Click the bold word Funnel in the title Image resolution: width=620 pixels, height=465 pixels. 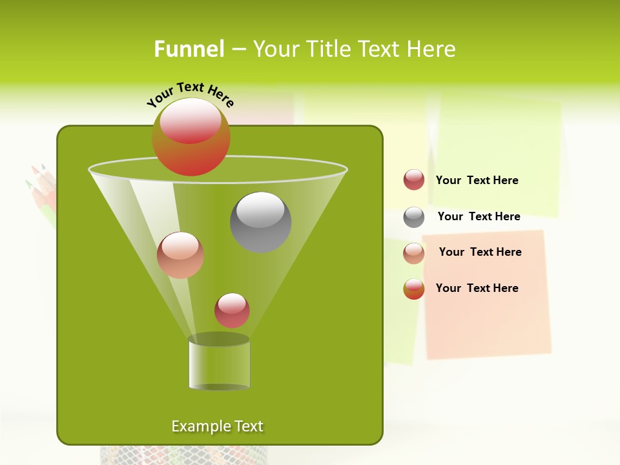point(189,49)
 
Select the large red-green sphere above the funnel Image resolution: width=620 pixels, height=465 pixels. point(191,136)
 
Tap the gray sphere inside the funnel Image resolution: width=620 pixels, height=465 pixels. point(260,222)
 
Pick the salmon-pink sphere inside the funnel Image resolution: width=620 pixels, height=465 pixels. point(180,255)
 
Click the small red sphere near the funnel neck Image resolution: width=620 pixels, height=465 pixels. point(232,310)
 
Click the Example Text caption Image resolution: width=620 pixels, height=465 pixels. point(218,426)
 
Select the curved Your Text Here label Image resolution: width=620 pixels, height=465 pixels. point(190,94)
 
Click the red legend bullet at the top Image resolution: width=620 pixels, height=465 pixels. point(414,180)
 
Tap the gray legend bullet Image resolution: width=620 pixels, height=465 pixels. point(414,217)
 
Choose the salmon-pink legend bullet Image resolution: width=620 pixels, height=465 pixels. point(414,253)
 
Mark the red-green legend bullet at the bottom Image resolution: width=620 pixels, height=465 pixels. point(414,289)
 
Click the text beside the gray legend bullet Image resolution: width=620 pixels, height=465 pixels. point(479,216)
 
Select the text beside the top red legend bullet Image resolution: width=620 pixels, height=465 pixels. point(477,180)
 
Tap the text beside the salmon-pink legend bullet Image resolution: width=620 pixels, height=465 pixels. point(480,252)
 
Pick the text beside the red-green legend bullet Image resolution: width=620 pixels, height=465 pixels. point(477,288)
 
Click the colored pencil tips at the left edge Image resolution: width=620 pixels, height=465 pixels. point(40,187)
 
